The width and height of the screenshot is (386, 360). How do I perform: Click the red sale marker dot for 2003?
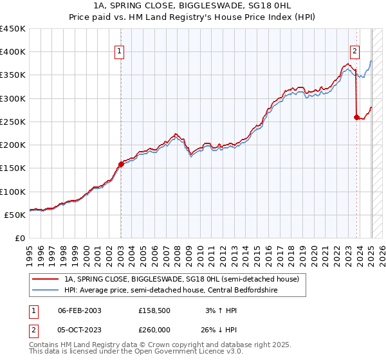(121, 164)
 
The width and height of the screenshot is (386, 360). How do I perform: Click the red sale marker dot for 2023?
(356, 117)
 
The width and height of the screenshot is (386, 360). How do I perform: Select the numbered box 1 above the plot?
(120, 53)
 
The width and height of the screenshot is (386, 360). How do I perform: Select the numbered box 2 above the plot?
(354, 53)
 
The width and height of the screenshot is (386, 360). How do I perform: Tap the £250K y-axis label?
(13, 122)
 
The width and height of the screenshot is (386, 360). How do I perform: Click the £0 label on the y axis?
(19, 238)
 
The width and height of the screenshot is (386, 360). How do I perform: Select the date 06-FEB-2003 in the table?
(80, 310)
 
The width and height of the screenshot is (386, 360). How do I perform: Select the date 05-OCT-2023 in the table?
(80, 328)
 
